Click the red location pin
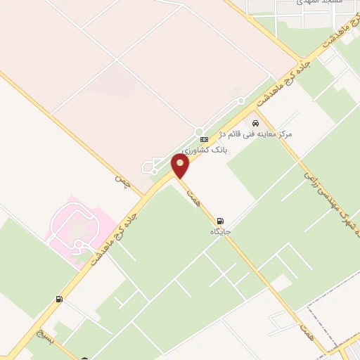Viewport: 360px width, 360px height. point(181,167)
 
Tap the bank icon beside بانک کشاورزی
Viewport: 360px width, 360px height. point(204,140)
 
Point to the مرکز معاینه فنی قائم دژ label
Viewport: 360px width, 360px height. point(256,133)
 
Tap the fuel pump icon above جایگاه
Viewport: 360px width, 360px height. point(222,220)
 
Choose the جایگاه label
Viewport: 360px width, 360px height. point(220,231)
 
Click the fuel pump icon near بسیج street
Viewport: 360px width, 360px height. point(59,300)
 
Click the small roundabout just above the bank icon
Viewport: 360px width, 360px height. point(199,131)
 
